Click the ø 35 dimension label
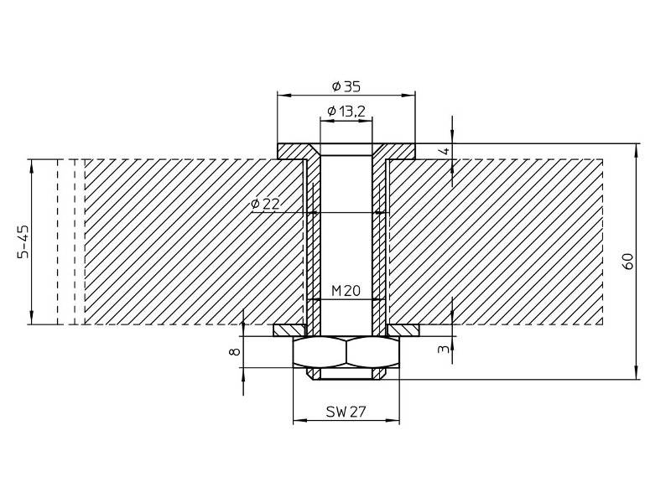coord(346,87)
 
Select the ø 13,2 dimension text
coord(346,111)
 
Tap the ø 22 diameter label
coord(266,204)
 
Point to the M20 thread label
coord(346,291)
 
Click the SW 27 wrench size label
coord(346,412)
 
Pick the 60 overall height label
coord(628,262)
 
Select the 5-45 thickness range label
coord(24,241)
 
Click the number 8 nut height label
coord(235,352)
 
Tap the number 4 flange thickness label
coord(445,151)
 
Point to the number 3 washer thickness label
coord(445,349)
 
